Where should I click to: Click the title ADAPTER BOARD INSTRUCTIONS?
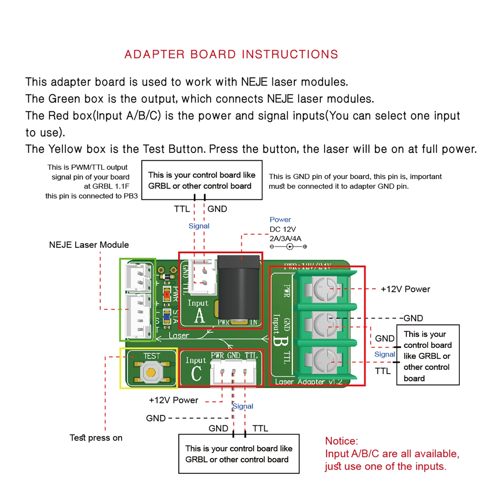pos(231,54)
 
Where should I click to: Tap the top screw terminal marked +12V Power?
pos(325,289)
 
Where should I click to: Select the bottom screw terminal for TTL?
pos(325,361)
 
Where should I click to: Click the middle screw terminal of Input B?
pos(325,325)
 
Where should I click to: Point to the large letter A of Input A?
pos(200,316)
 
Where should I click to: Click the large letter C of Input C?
pos(196,373)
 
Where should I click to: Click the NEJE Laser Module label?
pos(89,245)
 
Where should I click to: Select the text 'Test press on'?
pos(96,438)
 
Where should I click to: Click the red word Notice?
pos(342,441)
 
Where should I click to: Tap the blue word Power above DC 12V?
pos(280,220)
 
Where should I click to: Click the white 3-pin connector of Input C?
pos(233,372)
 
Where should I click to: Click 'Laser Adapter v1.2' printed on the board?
pos(308,382)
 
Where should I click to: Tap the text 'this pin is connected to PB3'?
pos(91,196)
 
